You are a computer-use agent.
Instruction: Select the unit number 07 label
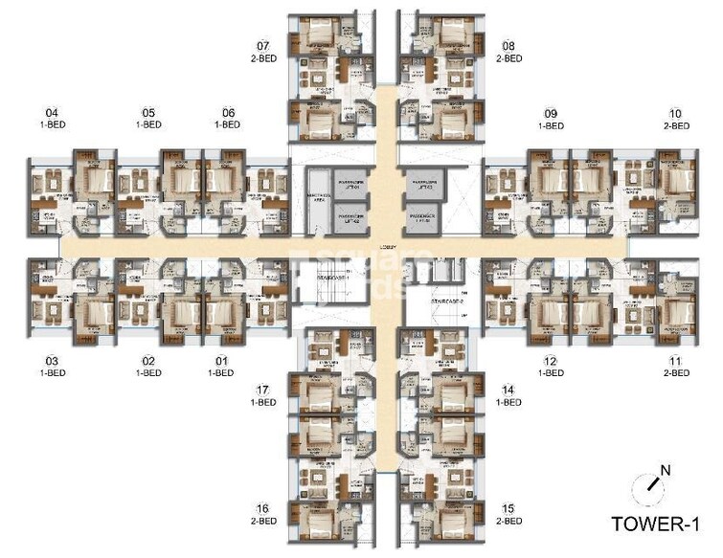(262, 46)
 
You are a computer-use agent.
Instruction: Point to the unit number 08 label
(508, 46)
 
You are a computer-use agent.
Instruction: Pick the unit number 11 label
(676, 361)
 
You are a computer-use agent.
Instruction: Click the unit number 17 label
(262, 391)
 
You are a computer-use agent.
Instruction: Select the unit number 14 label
(508, 391)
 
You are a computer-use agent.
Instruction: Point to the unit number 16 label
(262, 508)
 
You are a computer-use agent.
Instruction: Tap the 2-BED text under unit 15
(508, 521)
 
